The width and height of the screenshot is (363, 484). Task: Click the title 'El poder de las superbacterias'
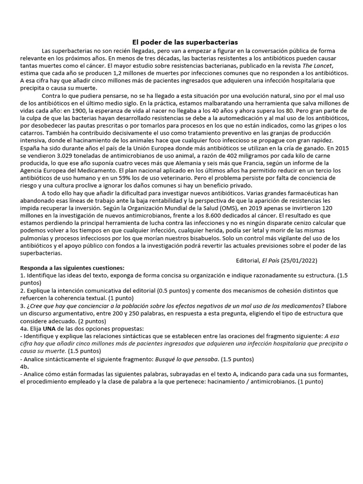[x=181, y=42]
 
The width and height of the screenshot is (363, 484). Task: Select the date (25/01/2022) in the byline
[x=300, y=260]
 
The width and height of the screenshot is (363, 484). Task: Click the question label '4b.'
[x=25, y=365]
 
